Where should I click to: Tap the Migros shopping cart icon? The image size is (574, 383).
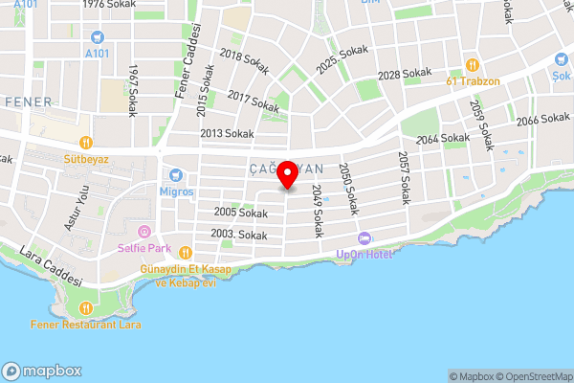pyautogui.click(x=175, y=175)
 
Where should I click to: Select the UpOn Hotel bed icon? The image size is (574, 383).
pyautogui.click(x=363, y=237)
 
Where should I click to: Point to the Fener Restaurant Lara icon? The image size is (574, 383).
pyautogui.click(x=86, y=308)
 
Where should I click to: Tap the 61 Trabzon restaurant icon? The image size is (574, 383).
pyautogui.click(x=473, y=64)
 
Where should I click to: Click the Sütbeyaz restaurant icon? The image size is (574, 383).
pyautogui.click(x=85, y=143)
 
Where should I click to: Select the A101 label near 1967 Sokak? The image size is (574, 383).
pyautogui.click(x=97, y=54)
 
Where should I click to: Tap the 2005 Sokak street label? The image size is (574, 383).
pyautogui.click(x=213, y=212)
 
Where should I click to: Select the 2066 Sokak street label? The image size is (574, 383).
pyautogui.click(x=542, y=120)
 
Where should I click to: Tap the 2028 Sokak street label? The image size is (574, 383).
pyautogui.click(x=405, y=74)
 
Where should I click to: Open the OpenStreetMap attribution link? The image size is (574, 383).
pyautogui.click(x=532, y=376)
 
